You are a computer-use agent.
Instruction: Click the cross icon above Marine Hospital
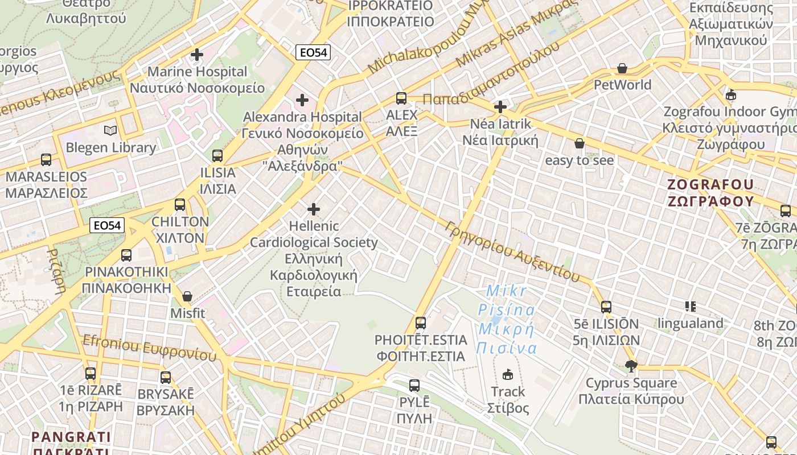pyautogui.click(x=197, y=55)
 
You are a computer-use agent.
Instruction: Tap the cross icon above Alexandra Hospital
pyautogui.click(x=302, y=101)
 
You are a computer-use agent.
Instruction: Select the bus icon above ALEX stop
pyautogui.click(x=401, y=98)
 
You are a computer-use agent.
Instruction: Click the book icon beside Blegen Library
pyautogui.click(x=110, y=130)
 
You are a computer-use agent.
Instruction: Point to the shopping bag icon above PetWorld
pyautogui.click(x=622, y=68)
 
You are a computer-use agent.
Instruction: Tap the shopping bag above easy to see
pyautogui.click(x=580, y=143)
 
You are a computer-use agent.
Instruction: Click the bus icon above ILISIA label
pyautogui.click(x=217, y=155)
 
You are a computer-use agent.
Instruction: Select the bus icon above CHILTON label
pyautogui.click(x=180, y=204)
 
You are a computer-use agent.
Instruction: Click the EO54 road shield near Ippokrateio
pyautogui.click(x=313, y=52)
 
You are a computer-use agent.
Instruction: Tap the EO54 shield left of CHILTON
pyautogui.click(x=107, y=225)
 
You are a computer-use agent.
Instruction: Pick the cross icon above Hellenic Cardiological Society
pyautogui.click(x=313, y=209)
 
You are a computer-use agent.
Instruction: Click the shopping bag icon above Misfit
pyautogui.click(x=187, y=296)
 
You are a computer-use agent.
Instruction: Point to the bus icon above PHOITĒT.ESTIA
pyautogui.click(x=421, y=323)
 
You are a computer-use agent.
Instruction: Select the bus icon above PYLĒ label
pyautogui.click(x=414, y=385)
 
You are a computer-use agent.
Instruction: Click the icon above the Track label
pyautogui.click(x=508, y=374)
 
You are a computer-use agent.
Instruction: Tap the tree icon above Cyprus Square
pyautogui.click(x=631, y=366)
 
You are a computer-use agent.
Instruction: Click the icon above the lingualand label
pyautogui.click(x=691, y=307)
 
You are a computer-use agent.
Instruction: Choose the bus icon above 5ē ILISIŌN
pyautogui.click(x=606, y=307)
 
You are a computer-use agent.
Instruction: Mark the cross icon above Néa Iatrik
pyautogui.click(x=500, y=106)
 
